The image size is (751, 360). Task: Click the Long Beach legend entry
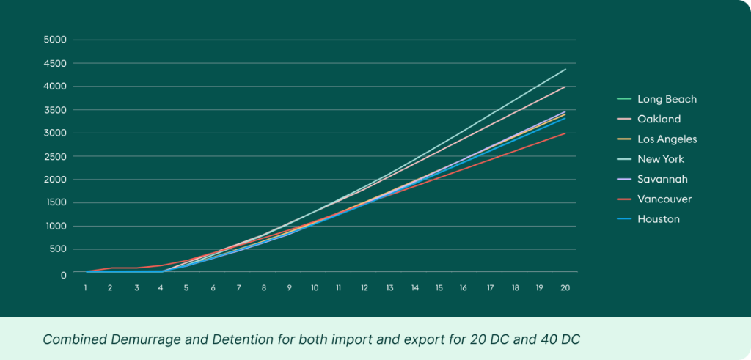(x=667, y=99)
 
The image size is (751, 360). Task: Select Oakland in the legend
(x=659, y=119)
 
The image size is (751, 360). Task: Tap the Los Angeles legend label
(x=667, y=139)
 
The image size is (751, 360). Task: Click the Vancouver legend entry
(x=664, y=199)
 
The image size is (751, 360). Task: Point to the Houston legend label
(x=658, y=218)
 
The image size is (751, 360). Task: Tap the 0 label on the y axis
(x=64, y=274)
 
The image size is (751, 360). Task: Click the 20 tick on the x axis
(x=565, y=288)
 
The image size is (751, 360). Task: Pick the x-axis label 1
(x=86, y=288)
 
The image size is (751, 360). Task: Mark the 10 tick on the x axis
(x=314, y=288)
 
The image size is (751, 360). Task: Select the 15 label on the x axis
(x=439, y=288)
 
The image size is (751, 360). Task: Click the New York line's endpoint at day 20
(x=565, y=69)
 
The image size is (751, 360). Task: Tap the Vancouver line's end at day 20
(x=565, y=133)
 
